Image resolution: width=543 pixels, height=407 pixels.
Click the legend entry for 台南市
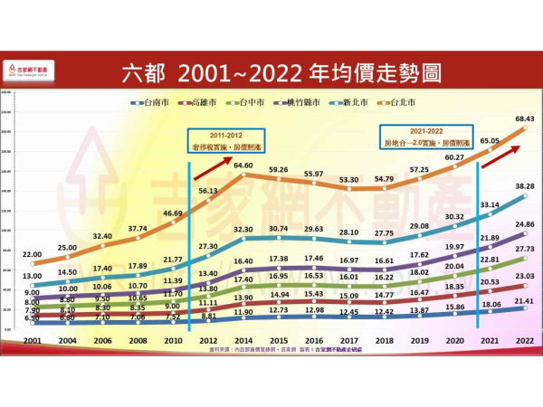click(149, 103)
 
